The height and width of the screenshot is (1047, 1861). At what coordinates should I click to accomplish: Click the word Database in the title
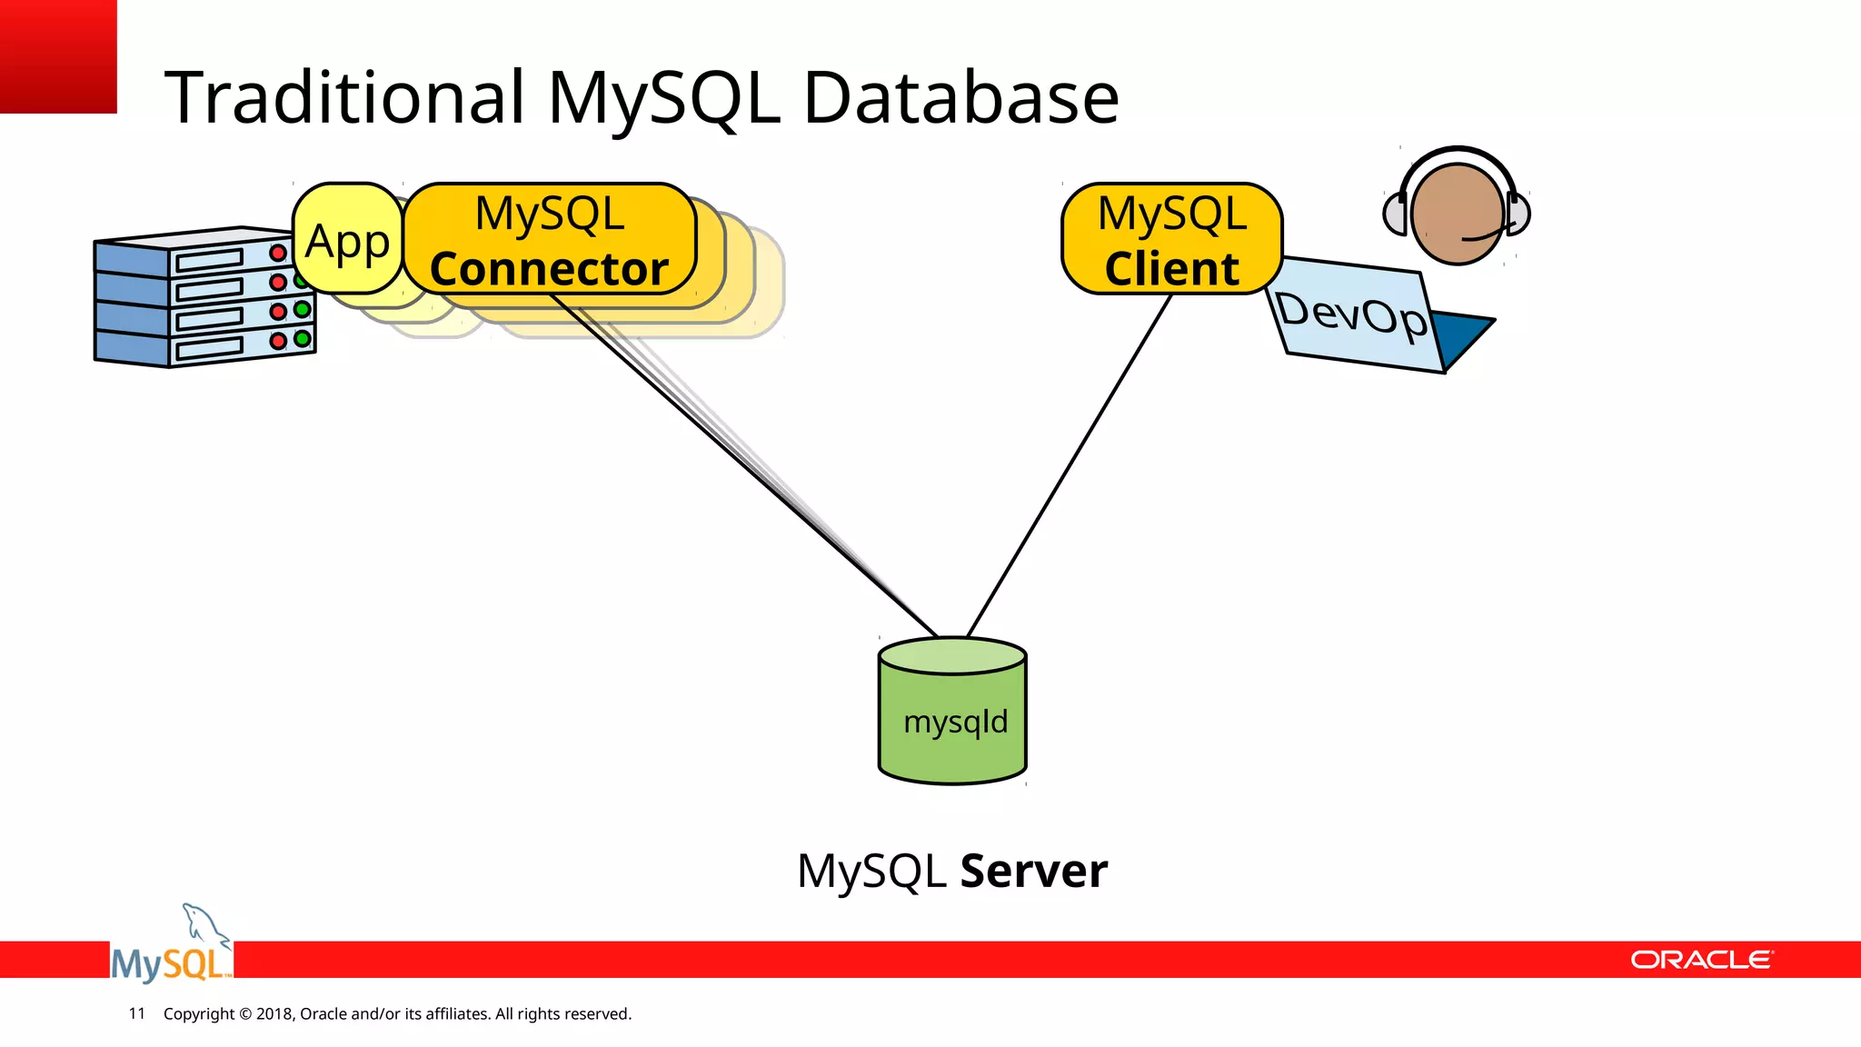point(960,97)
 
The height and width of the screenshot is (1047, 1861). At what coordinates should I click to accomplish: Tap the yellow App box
point(347,241)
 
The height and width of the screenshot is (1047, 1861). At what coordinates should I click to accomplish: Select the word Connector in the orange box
point(549,269)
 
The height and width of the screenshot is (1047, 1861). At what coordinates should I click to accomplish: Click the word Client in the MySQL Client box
point(1171,269)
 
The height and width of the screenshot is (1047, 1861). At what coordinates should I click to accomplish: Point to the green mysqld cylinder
point(952,718)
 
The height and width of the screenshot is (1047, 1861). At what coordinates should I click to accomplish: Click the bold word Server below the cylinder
point(1033,871)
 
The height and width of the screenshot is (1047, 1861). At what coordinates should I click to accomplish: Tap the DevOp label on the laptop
point(1350,314)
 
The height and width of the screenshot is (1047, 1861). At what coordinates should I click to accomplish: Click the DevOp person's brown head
point(1456,214)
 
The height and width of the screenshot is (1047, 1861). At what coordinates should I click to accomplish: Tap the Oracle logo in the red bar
point(1700,960)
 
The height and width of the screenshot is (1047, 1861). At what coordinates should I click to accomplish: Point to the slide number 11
point(137,1013)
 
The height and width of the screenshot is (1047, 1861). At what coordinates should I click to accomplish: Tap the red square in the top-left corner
point(57,55)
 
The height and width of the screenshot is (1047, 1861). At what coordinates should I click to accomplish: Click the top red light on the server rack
point(278,254)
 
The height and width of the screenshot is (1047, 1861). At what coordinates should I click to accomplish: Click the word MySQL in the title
point(663,97)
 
